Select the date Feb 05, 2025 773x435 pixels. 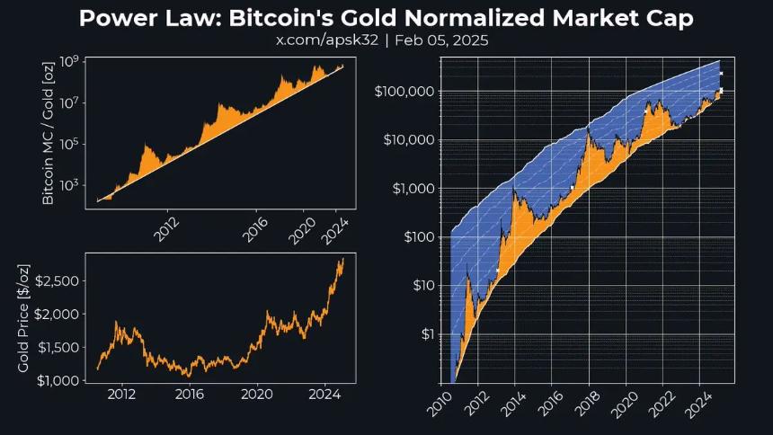tap(442, 41)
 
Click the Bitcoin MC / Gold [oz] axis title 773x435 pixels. tap(48, 129)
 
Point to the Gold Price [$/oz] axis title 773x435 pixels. tap(23, 319)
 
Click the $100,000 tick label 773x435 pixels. tap(404, 92)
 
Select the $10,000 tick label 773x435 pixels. tap(408, 140)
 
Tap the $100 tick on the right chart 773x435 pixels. tap(415, 237)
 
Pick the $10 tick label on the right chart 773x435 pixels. tap(419, 286)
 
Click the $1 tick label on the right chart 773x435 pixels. tap(423, 334)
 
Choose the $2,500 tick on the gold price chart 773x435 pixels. tap(58, 281)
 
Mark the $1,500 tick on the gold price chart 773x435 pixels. tap(58, 348)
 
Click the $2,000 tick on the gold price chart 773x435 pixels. tap(58, 315)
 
